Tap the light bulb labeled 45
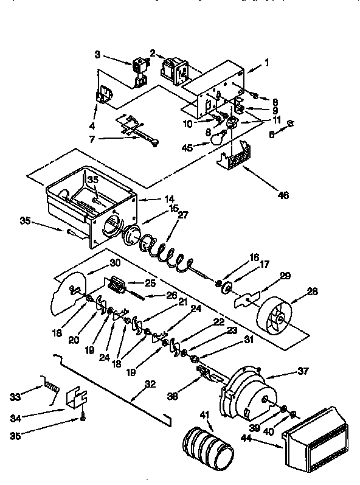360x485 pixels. (x=215, y=139)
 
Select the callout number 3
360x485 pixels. (x=97, y=54)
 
